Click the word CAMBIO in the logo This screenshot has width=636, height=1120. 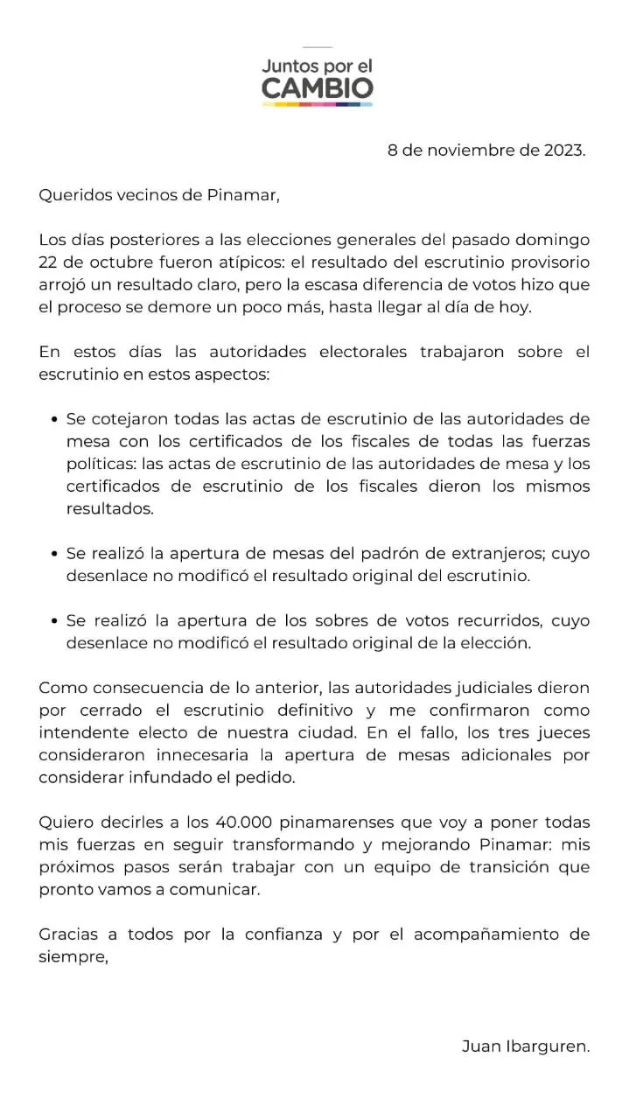coord(318,87)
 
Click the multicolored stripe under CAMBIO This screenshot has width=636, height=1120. coord(318,104)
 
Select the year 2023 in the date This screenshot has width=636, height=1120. coord(563,150)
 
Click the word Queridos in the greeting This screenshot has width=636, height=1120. coord(73,194)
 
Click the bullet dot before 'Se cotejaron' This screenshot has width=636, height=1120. coord(56,419)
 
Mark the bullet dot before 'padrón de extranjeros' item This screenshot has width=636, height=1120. coord(56,554)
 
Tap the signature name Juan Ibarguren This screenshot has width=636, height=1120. coord(525,1046)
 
